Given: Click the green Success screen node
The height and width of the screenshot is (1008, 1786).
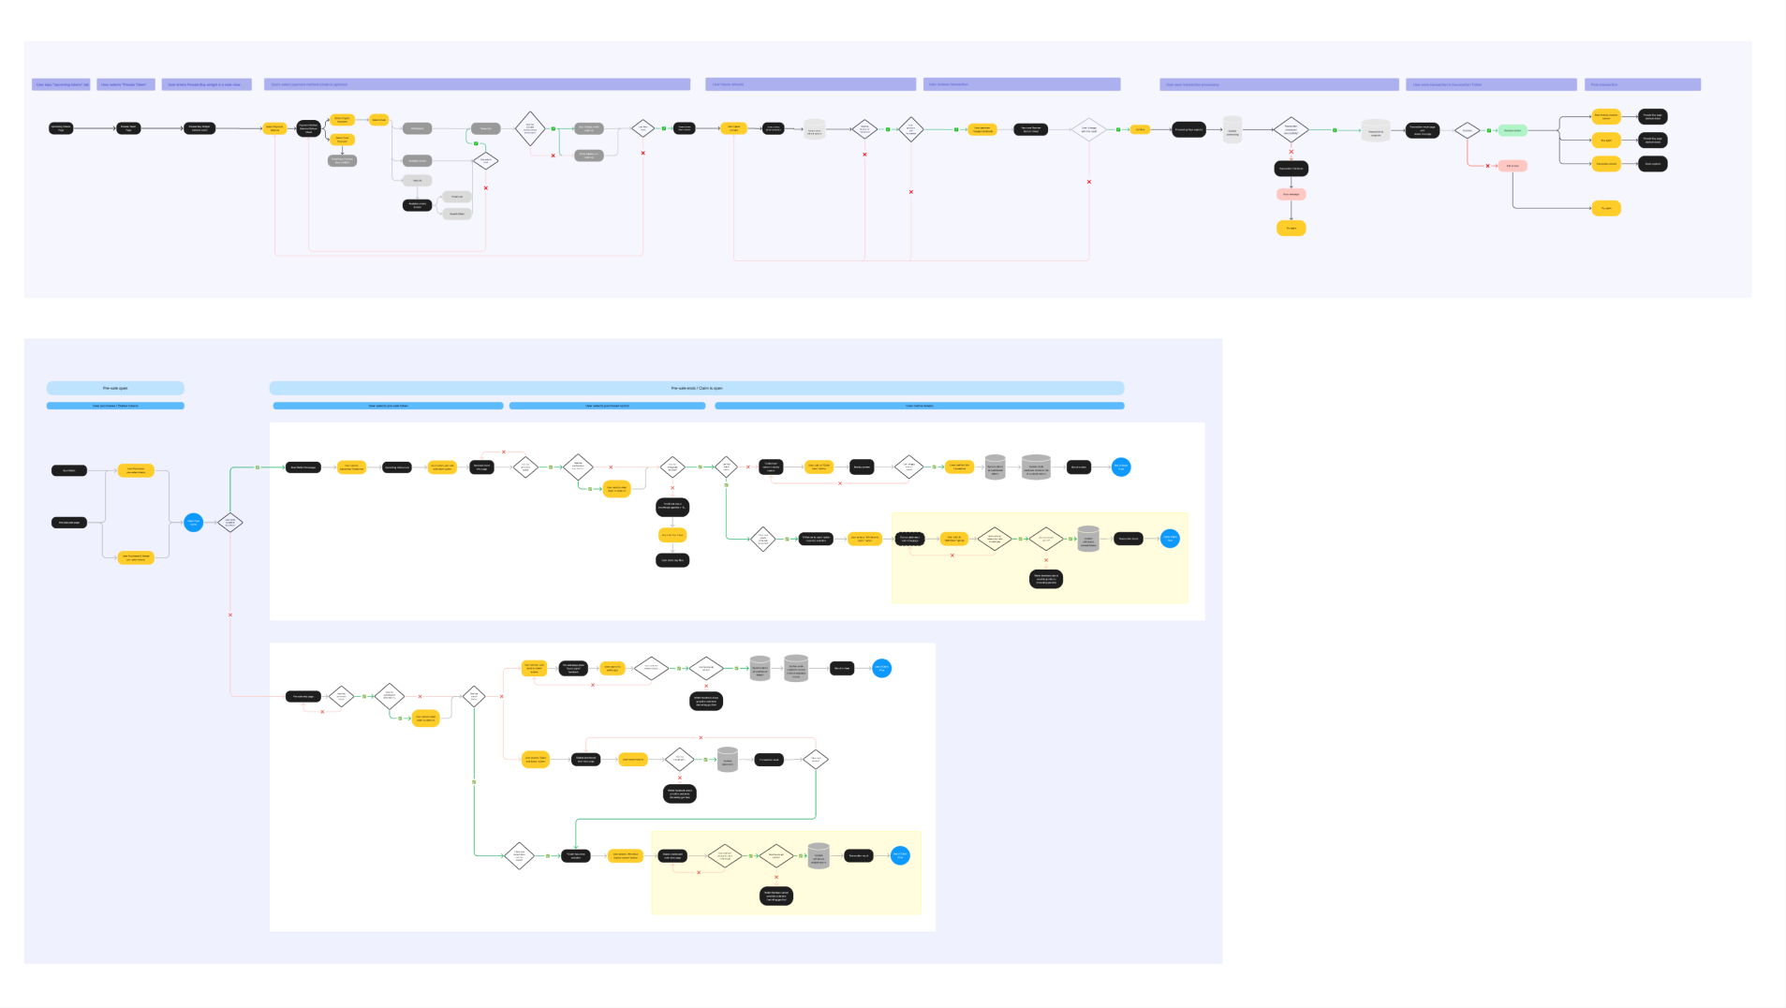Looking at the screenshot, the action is (x=1512, y=130).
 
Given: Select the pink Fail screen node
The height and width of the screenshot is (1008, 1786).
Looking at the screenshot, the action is (x=1512, y=166).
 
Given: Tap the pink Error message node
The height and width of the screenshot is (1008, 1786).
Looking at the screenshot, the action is (x=1291, y=194).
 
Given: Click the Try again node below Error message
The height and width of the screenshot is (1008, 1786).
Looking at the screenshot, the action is (x=1291, y=228).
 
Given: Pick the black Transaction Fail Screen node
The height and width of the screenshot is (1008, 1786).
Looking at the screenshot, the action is (x=1291, y=169).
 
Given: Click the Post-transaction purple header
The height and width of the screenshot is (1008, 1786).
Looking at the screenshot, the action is (x=1642, y=84).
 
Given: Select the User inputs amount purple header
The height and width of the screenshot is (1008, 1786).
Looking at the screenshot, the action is (x=810, y=84).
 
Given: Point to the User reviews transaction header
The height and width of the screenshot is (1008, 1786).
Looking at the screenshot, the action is (x=1021, y=84).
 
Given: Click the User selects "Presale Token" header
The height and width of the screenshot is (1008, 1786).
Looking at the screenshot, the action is (x=125, y=84).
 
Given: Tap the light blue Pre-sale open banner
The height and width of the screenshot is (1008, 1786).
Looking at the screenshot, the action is (x=115, y=388).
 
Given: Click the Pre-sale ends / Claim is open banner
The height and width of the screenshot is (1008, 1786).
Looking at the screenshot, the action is (x=696, y=388).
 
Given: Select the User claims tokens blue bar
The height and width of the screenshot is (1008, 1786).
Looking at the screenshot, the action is (x=919, y=406).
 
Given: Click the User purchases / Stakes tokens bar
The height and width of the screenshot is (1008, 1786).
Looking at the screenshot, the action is (x=115, y=406).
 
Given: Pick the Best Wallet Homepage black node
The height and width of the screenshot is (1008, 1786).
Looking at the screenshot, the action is (x=303, y=467).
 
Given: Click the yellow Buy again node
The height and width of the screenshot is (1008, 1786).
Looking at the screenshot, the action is (x=1606, y=140).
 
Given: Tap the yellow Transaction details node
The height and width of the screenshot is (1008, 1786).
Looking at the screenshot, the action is (x=1606, y=164).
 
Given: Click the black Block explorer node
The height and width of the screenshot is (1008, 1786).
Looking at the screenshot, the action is (x=1652, y=164).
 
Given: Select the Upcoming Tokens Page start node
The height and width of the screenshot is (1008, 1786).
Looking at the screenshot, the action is (x=61, y=128).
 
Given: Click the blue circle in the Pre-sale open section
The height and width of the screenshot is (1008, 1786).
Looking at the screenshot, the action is (x=193, y=522).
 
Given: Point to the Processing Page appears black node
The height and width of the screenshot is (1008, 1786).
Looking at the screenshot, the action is (x=1188, y=130).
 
